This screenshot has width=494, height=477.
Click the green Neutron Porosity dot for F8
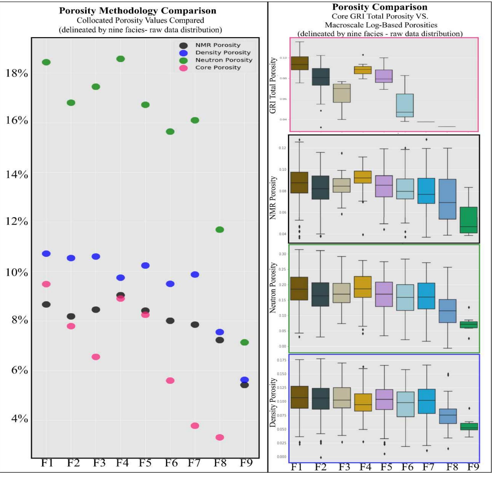pos(220,230)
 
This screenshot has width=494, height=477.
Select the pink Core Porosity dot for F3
pos(96,357)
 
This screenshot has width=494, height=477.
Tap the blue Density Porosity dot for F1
pos(46,254)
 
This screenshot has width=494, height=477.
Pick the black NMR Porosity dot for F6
pos(170,321)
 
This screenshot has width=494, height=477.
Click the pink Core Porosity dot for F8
pos(220,437)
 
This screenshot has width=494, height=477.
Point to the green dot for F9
pos(244,342)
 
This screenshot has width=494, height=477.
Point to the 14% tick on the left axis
pos(17,174)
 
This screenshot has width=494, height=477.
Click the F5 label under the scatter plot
pos(145,463)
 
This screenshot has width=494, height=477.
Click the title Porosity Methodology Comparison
pos(138,11)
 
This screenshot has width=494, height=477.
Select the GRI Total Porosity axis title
pos(273,85)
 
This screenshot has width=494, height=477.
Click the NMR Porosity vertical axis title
pos(273,197)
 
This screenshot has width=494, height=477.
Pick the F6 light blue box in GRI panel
pos(405,105)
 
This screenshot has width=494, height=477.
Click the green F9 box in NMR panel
pos(468,220)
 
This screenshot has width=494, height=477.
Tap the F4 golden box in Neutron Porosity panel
pos(363,287)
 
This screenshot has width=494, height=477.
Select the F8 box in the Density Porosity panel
pos(448,416)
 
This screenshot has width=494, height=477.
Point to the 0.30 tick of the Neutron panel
pos(282,254)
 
